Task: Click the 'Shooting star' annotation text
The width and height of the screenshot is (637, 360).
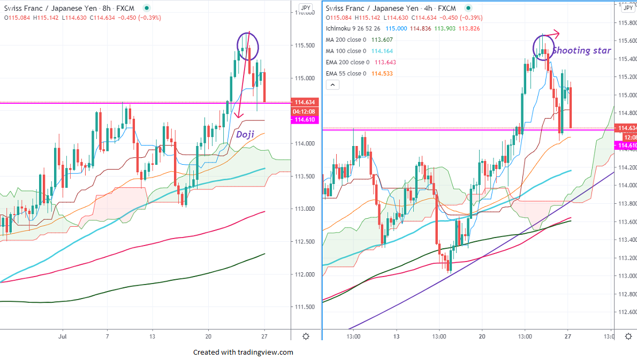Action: (581, 51)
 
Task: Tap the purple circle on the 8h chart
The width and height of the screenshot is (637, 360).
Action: (248, 45)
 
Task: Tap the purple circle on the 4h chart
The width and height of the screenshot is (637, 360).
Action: (543, 47)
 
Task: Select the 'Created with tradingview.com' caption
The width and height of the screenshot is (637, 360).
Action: (243, 352)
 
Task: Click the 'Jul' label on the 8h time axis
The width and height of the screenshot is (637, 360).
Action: (63, 336)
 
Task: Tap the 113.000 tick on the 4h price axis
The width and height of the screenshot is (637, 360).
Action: (627, 276)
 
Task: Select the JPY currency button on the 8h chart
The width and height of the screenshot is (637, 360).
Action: (305, 8)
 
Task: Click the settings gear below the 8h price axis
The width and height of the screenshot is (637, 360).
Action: (305, 336)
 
